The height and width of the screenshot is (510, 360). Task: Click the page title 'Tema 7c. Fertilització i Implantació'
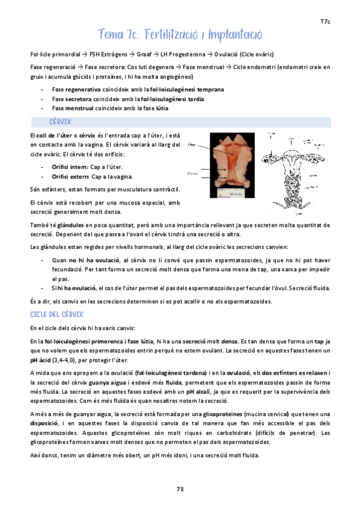tap(180, 34)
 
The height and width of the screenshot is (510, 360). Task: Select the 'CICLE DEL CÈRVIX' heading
tap(56, 315)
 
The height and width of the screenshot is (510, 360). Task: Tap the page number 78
tap(180, 488)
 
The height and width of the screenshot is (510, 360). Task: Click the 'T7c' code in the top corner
tap(325, 22)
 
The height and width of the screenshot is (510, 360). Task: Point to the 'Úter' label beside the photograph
tap(192, 144)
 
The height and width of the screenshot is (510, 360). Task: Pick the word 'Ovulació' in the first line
tap(222, 54)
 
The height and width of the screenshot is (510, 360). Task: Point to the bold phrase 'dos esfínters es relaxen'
tap(296, 373)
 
